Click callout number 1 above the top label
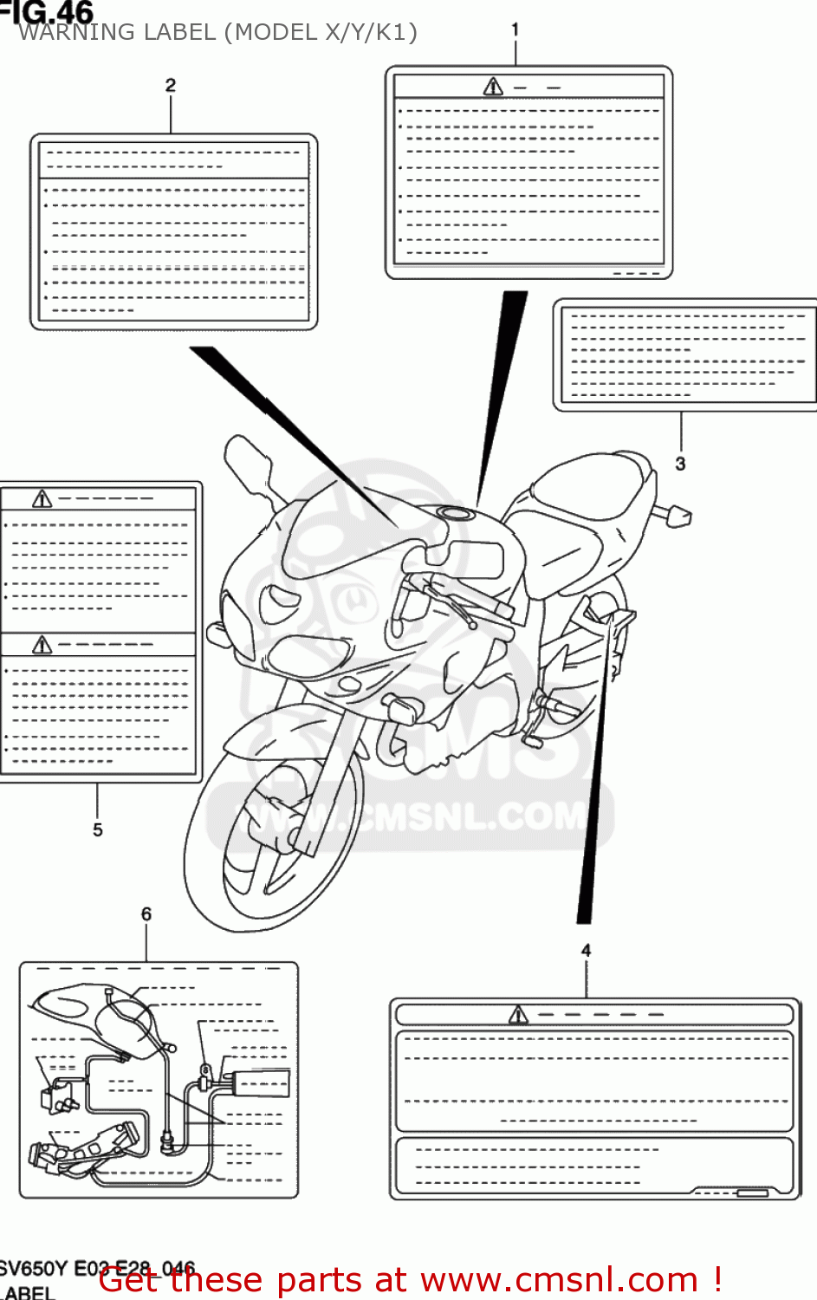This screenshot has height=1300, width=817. click(515, 29)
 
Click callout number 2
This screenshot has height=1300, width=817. click(171, 85)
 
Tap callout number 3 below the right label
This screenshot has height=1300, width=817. click(681, 464)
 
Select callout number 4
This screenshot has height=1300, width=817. click(587, 951)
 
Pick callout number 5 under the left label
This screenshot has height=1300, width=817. click(98, 830)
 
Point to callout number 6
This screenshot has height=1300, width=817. click(146, 914)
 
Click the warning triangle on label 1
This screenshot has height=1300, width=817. click(493, 87)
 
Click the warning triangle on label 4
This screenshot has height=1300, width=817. click(518, 1015)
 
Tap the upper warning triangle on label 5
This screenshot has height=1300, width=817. click(42, 498)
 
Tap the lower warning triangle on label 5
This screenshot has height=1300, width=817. click(42, 645)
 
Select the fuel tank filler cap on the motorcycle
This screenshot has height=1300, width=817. click(455, 513)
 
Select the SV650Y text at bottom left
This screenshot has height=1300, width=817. click(33, 1269)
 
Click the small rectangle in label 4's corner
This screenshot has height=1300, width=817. click(751, 1193)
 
